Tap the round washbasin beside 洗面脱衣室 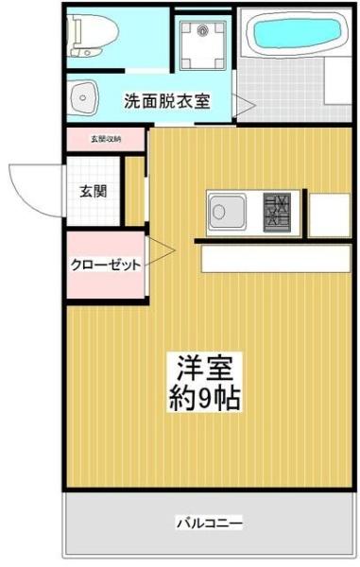[x=86, y=94]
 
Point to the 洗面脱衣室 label [x=168, y=100]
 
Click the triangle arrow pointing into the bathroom [x=241, y=106]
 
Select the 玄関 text [x=93, y=190]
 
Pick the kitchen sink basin [x=228, y=209]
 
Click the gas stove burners [x=279, y=209]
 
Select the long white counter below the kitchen [x=275, y=258]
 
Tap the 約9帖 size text [x=205, y=397]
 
